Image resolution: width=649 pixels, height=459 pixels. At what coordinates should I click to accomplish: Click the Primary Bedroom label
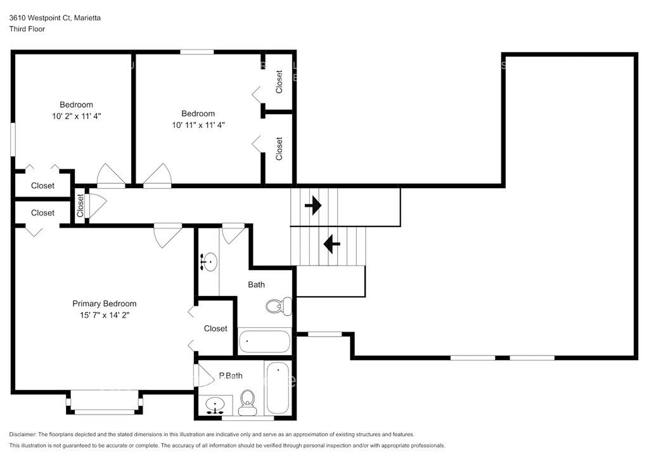pyautogui.click(x=105, y=304)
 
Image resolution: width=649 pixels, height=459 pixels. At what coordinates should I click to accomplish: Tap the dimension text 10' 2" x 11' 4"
pyautogui.click(x=77, y=116)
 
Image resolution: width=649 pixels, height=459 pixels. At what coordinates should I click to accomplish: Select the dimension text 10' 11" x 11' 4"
pyautogui.click(x=198, y=125)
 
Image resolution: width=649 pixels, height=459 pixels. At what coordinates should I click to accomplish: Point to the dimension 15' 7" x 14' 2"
pyautogui.click(x=105, y=315)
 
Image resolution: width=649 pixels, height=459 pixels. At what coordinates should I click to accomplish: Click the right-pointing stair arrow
pyautogui.click(x=313, y=205)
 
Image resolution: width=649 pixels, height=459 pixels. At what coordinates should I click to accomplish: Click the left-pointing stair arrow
pyautogui.click(x=331, y=244)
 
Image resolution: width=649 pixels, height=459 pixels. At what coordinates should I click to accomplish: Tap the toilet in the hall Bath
pyautogui.click(x=278, y=306)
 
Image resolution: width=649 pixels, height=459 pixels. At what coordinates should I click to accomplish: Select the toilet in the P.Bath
pyautogui.click(x=248, y=403)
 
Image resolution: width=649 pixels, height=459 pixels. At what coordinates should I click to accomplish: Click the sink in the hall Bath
pyautogui.click(x=209, y=262)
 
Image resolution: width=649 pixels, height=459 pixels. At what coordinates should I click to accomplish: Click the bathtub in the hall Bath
pyautogui.click(x=264, y=342)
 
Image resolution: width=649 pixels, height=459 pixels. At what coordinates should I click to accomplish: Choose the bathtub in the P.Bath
pyautogui.click(x=278, y=388)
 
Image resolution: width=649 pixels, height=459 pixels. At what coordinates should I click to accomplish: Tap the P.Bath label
pyautogui.click(x=231, y=376)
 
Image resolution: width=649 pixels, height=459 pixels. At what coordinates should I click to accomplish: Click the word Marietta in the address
pyautogui.click(x=87, y=18)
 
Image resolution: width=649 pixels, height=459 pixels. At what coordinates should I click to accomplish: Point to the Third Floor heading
pyautogui.click(x=27, y=29)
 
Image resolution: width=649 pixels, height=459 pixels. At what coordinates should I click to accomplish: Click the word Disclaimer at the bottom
pyautogui.click(x=23, y=434)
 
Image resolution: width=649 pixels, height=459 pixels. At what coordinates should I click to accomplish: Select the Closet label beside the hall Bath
pyautogui.click(x=215, y=328)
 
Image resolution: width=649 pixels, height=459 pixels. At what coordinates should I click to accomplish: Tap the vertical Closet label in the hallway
pyautogui.click(x=80, y=205)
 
